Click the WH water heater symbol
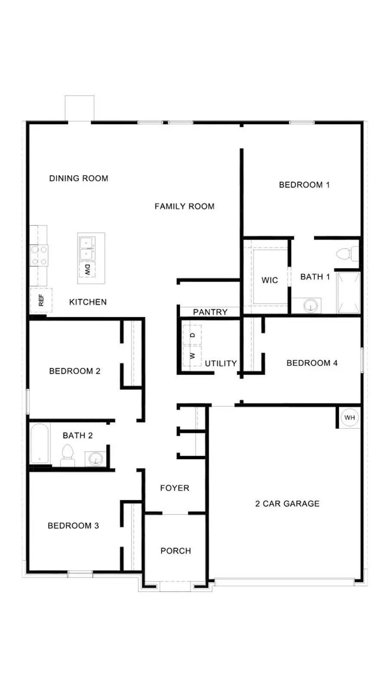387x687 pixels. [x=350, y=417]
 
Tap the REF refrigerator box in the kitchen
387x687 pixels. [x=41, y=300]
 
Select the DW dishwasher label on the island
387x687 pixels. [x=88, y=270]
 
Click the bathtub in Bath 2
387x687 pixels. [x=40, y=444]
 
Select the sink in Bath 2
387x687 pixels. [x=95, y=459]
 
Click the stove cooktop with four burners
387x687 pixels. [x=39, y=255]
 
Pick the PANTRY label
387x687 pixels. [x=210, y=312]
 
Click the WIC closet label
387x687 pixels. [x=270, y=280]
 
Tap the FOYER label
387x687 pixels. [x=175, y=488]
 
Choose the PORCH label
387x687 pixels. [x=175, y=551]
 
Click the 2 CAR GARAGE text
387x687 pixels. [x=287, y=504]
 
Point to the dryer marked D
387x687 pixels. [x=192, y=335]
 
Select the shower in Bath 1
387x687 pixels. [x=348, y=292]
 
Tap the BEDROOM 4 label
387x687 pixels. [x=312, y=363]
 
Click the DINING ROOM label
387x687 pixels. [x=79, y=179]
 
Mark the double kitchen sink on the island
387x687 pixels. [x=87, y=249]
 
